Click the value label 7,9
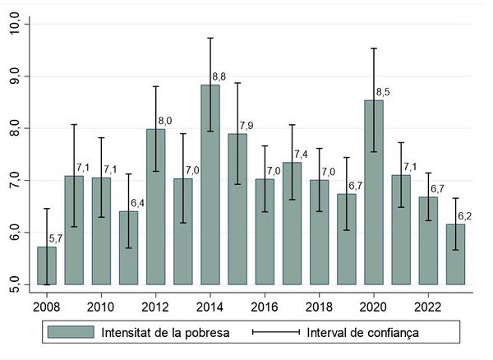[x=247, y=126]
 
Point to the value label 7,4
[x=302, y=155]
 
